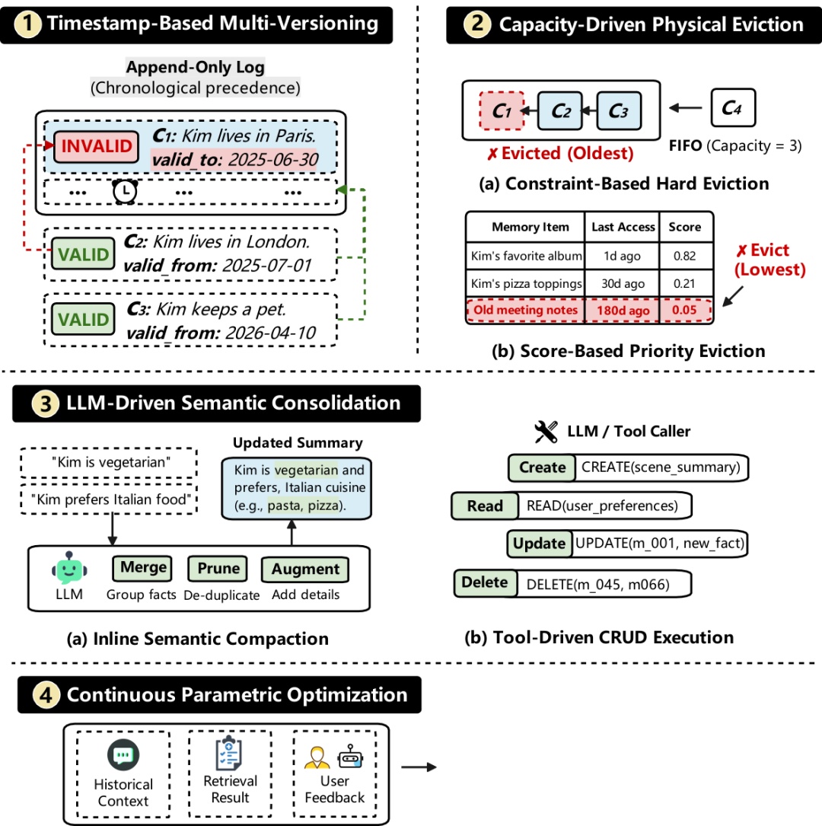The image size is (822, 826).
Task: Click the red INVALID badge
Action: click(97, 146)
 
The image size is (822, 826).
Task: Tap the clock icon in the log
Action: click(125, 191)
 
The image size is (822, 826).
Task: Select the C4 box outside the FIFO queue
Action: click(733, 108)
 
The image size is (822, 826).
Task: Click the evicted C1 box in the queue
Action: click(502, 110)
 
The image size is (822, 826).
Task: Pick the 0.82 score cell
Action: click(684, 256)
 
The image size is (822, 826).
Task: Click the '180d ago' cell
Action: click(623, 311)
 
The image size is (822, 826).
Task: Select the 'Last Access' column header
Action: click(623, 227)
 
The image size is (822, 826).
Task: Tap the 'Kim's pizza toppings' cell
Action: click(526, 283)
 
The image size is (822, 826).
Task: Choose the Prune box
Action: click(218, 569)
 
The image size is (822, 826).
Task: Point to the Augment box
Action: click(305, 569)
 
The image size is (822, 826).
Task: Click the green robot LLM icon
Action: click(69, 568)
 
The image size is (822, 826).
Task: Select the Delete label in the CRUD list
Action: click(485, 582)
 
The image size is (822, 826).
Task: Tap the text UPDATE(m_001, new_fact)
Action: click(660, 543)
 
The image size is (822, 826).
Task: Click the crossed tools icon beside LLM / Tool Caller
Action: click(546, 432)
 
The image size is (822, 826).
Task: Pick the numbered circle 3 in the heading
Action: click(46, 404)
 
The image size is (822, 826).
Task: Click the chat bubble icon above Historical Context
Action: click(123, 755)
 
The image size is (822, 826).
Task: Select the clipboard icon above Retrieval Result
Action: click(229, 753)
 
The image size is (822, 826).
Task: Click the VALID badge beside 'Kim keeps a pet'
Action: click(83, 319)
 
